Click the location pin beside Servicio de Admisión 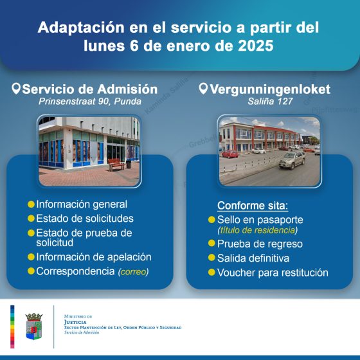click(x=16, y=89)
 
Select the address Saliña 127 click(x=269, y=101)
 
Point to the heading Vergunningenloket click(x=273, y=89)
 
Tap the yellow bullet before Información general click(x=31, y=204)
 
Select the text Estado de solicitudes click(x=85, y=219)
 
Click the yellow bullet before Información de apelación click(x=31, y=257)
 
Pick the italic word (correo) click(x=133, y=272)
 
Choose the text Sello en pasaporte click(x=260, y=220)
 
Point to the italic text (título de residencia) click(x=259, y=230)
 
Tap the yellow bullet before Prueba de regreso click(x=212, y=244)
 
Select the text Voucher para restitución click(x=273, y=273)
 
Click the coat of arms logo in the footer click(x=33, y=326)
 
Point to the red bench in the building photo click(x=116, y=165)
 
